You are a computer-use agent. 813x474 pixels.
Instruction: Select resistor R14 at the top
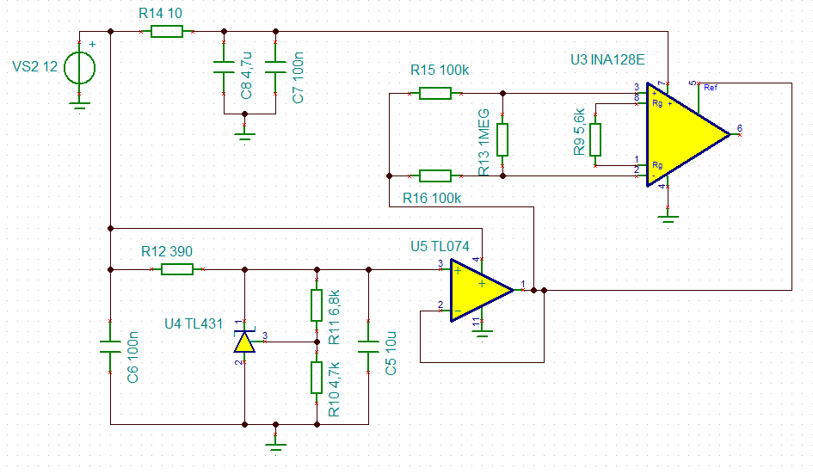(167, 32)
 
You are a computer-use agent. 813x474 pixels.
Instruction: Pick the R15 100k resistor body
(435, 93)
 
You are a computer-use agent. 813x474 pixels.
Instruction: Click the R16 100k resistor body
(435, 176)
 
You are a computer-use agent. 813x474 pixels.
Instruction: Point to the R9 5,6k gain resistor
(594, 139)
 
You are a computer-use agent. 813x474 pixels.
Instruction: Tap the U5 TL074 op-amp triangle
(478, 291)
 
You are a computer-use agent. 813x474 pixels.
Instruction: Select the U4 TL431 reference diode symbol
(245, 342)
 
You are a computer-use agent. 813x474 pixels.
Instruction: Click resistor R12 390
(177, 269)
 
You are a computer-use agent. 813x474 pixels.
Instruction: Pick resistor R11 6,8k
(317, 305)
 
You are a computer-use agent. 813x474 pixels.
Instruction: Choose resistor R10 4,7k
(317, 377)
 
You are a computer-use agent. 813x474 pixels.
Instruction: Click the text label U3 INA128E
(607, 60)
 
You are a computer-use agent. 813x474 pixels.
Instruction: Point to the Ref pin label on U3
(710, 88)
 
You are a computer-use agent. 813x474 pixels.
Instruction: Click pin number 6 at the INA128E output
(739, 128)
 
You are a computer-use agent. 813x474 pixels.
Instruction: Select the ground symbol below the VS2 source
(79, 105)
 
